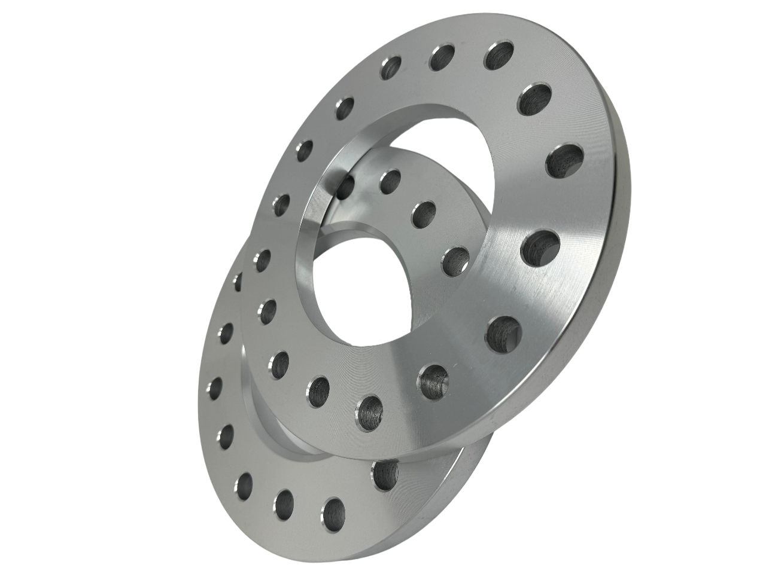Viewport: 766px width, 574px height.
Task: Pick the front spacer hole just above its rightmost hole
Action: click(x=534, y=99)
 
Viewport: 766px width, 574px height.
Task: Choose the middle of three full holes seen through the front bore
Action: click(x=424, y=212)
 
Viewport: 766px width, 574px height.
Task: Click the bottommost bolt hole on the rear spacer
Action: click(x=333, y=511)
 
